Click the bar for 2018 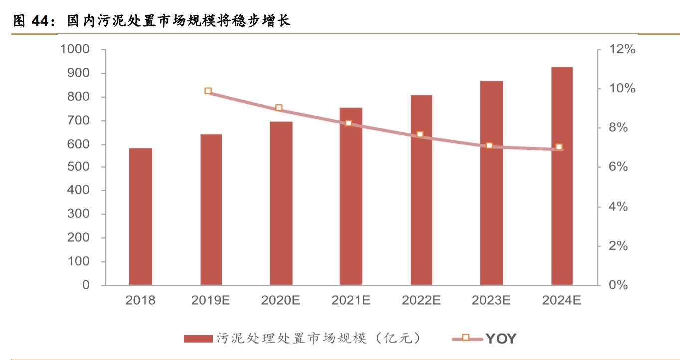click(140, 216)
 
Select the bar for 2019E click(211, 209)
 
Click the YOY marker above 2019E click(208, 91)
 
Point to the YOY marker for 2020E click(279, 108)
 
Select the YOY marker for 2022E click(420, 134)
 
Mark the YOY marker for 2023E click(489, 145)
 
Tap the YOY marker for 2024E click(559, 147)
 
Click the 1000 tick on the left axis click(74, 49)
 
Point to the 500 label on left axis click(78, 167)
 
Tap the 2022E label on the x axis click(421, 301)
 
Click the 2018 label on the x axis click(140, 301)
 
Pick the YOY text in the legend click(501, 339)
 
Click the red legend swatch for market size click(198, 339)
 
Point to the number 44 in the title click(42, 21)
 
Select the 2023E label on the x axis click(491, 301)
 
